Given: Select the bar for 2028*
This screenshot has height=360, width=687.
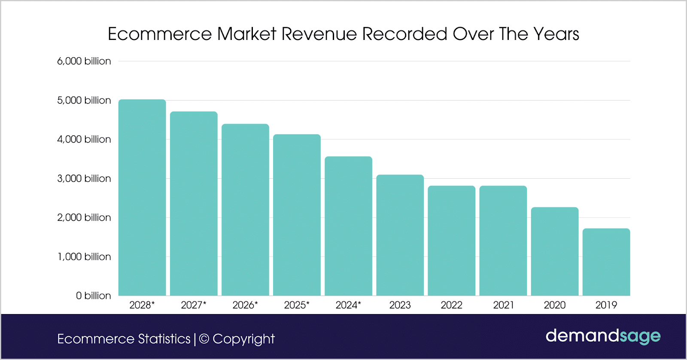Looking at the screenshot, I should coord(142,198).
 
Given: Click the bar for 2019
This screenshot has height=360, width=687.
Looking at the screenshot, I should coord(606,262).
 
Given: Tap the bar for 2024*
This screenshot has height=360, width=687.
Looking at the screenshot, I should coord(348,226).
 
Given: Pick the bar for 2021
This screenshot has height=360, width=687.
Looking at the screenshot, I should coord(503,241).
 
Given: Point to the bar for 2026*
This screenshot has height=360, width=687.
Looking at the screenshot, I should coord(245,210).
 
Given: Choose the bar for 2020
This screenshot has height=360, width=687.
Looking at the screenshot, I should coord(555,251).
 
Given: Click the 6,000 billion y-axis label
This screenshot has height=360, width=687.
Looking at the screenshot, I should coord(84,61).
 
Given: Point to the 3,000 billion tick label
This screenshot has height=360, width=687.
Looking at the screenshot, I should coord(84,178).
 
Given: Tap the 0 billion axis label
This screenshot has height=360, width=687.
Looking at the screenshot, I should coord(94,296).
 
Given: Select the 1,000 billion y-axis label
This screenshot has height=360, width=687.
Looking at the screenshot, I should coord(84,256).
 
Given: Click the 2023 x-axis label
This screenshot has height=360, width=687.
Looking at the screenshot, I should coord(400,305).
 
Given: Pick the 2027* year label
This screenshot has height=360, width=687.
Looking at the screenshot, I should coord(194,305).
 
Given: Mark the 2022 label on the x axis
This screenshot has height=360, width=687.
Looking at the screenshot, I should coord(451,305).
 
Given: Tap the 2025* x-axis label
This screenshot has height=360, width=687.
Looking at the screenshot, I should coord(297,305).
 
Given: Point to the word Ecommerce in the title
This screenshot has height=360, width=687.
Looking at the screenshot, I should coord(160,34).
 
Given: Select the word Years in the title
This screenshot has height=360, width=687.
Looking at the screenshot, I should coord(556,34).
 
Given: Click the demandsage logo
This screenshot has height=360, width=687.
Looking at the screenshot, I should coord(603,336).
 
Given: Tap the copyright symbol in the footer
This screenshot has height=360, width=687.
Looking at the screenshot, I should coord(204,339).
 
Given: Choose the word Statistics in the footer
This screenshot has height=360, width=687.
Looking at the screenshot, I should coord(164,339).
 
